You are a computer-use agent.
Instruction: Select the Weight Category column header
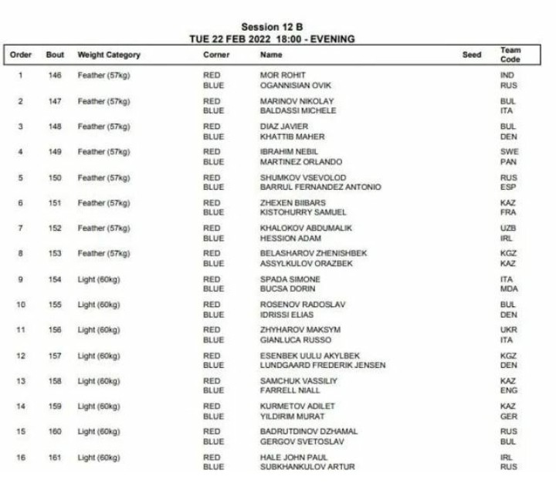109,56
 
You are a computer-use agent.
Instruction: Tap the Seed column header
472,56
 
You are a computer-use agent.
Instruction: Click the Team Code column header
510,55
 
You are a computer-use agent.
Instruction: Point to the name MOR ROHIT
281,76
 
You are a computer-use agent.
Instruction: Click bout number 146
53,76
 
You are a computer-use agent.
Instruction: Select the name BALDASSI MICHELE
298,111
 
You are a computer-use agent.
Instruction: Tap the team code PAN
508,162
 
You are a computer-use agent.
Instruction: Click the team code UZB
508,228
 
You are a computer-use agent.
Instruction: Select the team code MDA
509,289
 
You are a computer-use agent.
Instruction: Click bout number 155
53,305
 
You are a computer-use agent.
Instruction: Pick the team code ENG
508,390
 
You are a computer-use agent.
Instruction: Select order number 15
21,431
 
